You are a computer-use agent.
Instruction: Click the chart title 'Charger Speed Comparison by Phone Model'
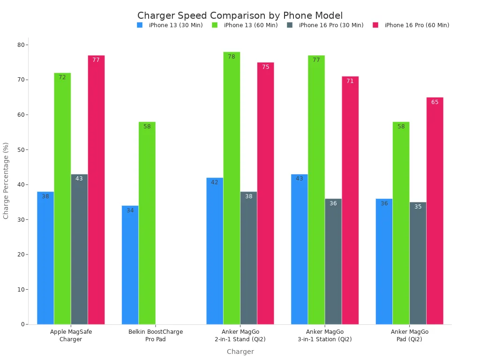click(x=240, y=15)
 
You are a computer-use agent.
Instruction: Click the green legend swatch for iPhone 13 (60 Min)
click(x=215, y=25)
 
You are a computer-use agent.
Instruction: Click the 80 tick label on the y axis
click(x=21, y=45)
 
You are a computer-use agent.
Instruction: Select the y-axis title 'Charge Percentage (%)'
click(x=6, y=180)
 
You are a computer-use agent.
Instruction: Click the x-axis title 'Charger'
click(x=240, y=352)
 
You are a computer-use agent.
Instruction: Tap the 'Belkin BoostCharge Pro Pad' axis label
click(x=156, y=336)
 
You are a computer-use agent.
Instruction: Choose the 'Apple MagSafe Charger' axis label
click(x=71, y=336)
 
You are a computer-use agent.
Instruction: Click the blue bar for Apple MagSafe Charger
click(x=45, y=258)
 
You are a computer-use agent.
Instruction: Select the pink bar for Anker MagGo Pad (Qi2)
click(x=435, y=211)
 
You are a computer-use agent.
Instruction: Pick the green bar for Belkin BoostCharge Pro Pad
click(x=147, y=223)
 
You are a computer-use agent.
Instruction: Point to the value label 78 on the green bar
click(x=232, y=57)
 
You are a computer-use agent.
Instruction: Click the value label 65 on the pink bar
click(x=435, y=102)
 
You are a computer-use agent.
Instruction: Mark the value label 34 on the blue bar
click(x=130, y=210)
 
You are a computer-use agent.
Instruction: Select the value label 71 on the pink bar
click(x=350, y=81)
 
